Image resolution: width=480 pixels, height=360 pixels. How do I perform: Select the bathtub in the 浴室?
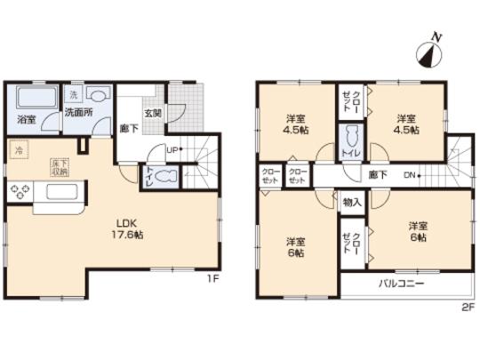[32, 97]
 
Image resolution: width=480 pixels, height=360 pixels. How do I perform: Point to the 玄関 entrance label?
[153, 113]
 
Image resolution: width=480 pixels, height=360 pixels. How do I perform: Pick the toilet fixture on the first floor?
[164, 178]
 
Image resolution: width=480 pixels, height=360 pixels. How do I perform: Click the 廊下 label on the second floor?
[378, 174]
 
